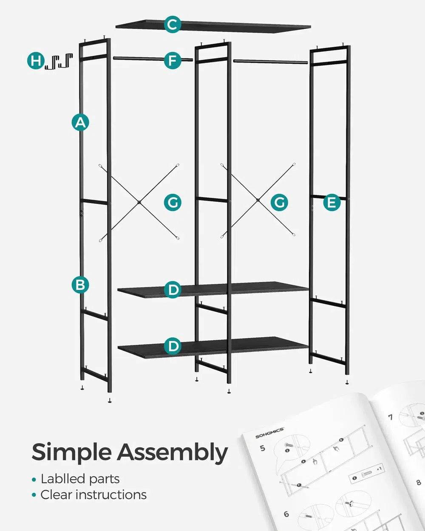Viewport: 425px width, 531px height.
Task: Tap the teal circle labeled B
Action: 80,284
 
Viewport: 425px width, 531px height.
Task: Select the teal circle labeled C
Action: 172,25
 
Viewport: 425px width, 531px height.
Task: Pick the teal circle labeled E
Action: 331,203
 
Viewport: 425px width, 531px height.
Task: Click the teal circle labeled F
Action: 172,60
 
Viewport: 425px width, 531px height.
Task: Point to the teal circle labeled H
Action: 36,61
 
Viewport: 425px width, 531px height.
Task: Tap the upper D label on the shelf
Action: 173,290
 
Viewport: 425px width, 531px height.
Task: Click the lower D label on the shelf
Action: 173,346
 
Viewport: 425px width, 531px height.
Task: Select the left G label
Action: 173,203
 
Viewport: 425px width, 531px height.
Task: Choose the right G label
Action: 279,203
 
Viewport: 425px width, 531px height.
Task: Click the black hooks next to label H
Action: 59,61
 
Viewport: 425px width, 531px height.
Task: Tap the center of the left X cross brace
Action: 139,202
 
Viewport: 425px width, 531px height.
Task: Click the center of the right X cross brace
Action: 258,200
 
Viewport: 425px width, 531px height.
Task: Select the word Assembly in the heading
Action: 173,452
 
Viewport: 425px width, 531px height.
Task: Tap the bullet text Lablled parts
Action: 80,479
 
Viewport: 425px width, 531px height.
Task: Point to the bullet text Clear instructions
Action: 93,495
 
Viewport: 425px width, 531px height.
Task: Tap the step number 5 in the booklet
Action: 262,448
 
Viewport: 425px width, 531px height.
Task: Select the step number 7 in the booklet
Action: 390,416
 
